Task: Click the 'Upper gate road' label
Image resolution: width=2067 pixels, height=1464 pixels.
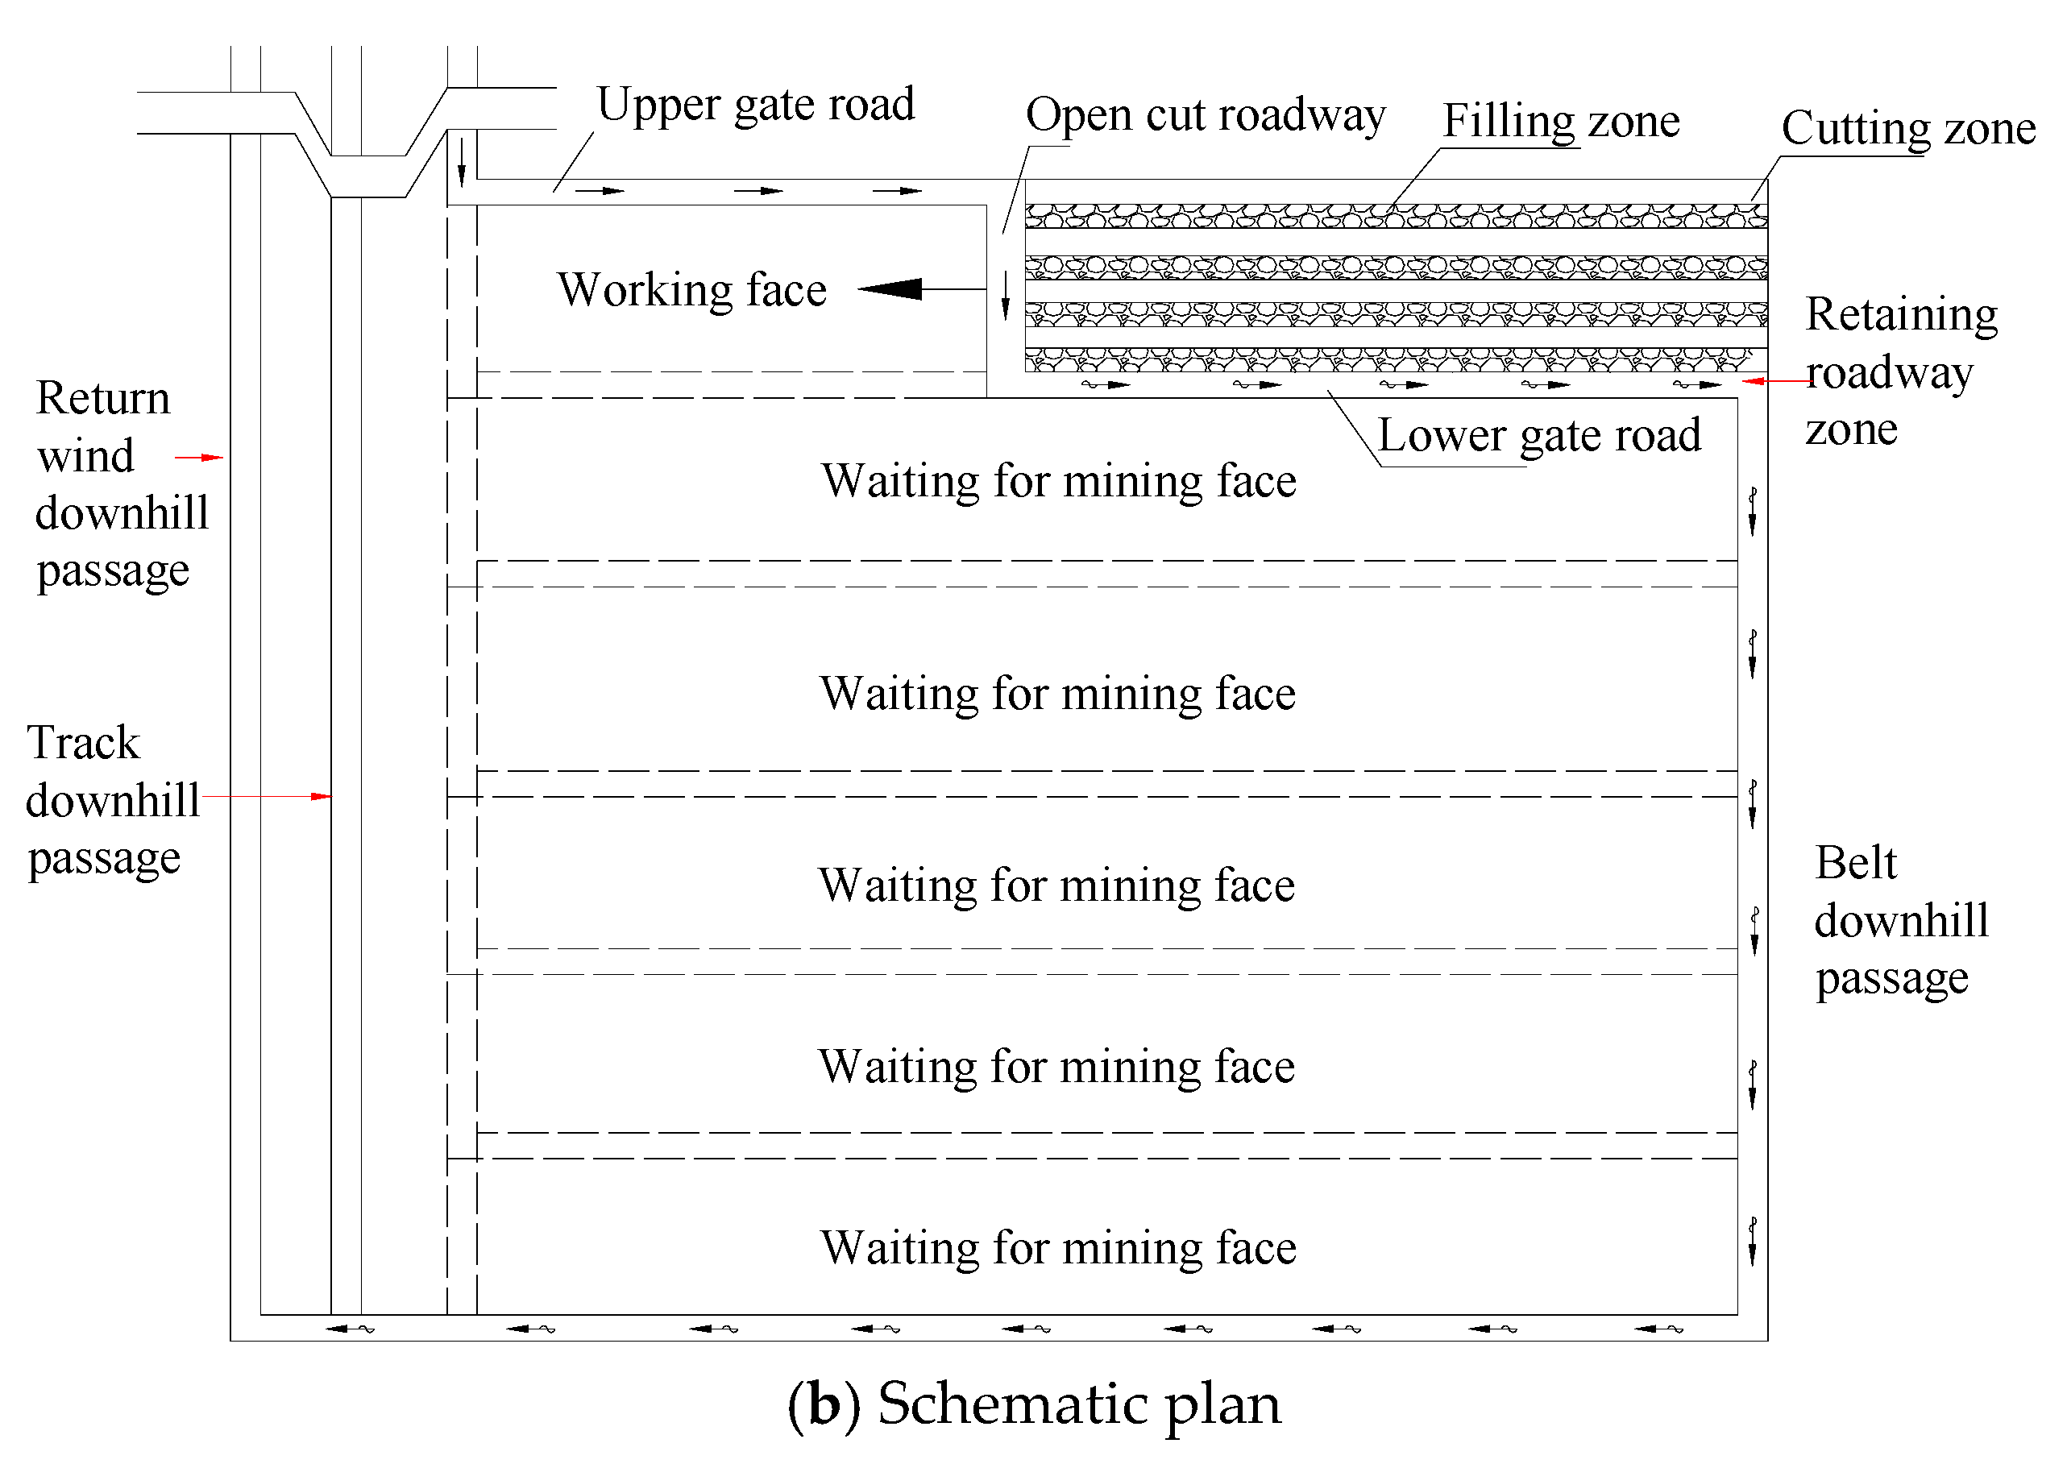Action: (x=755, y=106)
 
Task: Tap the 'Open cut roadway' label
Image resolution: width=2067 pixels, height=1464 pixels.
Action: (x=1206, y=115)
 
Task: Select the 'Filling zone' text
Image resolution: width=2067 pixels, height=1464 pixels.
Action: (x=1560, y=121)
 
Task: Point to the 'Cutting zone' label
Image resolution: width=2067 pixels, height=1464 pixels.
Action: (x=1907, y=128)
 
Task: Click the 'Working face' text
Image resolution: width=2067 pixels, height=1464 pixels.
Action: (x=691, y=290)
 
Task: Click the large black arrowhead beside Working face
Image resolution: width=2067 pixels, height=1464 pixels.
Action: (x=891, y=288)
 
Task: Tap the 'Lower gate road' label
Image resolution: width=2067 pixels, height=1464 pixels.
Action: (x=1538, y=435)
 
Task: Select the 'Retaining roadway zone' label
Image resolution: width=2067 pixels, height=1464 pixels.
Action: (x=1899, y=371)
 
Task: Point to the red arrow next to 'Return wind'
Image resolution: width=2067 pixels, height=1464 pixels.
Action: (x=200, y=457)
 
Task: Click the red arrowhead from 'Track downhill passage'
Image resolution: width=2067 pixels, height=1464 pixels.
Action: (x=321, y=796)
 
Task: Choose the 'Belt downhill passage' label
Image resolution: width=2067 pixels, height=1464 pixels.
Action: (x=1899, y=920)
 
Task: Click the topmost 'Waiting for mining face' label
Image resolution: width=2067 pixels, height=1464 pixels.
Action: (x=1058, y=480)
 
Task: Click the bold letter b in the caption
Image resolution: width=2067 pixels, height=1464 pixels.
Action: (x=824, y=1404)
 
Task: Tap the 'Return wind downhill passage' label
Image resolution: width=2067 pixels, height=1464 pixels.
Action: (x=121, y=484)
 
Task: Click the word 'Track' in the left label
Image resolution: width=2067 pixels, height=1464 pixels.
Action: (x=84, y=743)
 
